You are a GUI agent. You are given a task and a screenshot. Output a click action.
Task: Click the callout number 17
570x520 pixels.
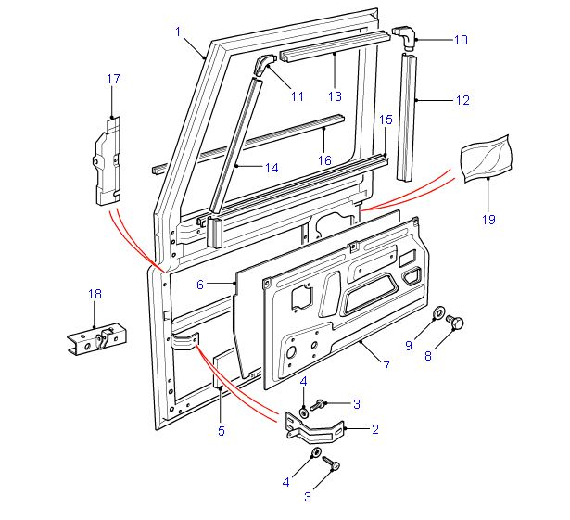[x=114, y=80]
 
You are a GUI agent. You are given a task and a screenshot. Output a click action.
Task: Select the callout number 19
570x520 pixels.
[x=488, y=220]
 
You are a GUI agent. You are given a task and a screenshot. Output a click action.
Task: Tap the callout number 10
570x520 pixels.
[x=461, y=40]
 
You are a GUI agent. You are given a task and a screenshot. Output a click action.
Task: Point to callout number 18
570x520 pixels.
[x=95, y=295]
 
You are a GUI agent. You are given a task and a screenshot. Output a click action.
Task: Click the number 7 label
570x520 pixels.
[x=386, y=367]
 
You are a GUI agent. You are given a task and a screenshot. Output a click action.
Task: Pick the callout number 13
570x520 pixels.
[x=335, y=95]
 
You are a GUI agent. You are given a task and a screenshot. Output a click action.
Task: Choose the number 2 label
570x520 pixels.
[x=374, y=429]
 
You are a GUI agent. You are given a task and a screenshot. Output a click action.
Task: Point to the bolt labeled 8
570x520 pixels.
[x=456, y=322]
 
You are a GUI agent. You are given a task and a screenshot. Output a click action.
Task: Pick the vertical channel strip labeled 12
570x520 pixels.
[x=407, y=116]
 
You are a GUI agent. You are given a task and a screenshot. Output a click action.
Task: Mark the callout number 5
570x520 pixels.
[x=221, y=430]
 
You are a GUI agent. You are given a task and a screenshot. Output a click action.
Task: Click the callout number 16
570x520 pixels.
[x=324, y=159]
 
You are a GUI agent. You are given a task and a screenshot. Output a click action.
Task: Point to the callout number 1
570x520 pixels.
[x=177, y=32]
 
